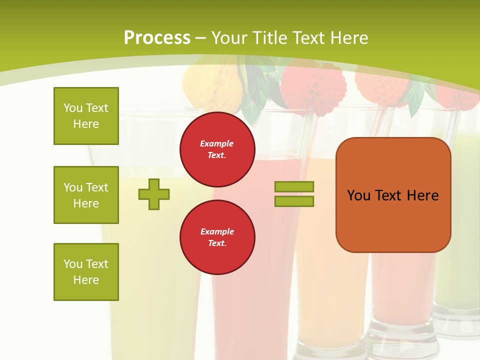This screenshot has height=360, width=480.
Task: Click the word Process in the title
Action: pyautogui.click(x=157, y=38)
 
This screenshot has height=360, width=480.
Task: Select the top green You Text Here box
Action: pyautogui.click(x=86, y=116)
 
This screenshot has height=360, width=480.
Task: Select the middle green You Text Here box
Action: pyautogui.click(x=86, y=195)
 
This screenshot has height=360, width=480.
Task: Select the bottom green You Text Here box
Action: pyautogui.click(x=86, y=272)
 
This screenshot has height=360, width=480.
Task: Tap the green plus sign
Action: pyautogui.click(x=154, y=194)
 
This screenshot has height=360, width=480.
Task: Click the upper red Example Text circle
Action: pyautogui.click(x=217, y=149)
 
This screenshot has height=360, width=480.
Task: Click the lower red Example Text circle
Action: pyautogui.click(x=217, y=237)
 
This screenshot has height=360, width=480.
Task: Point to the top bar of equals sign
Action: pyautogui.click(x=294, y=186)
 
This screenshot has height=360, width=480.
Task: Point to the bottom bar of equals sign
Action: pyautogui.click(x=294, y=201)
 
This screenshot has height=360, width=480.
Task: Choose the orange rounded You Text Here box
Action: pyautogui.click(x=393, y=194)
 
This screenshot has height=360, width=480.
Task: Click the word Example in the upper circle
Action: pyautogui.click(x=216, y=143)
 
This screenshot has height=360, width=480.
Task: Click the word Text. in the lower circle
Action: pyautogui.click(x=217, y=243)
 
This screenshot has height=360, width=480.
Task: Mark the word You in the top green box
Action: pyautogui.click(x=72, y=108)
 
